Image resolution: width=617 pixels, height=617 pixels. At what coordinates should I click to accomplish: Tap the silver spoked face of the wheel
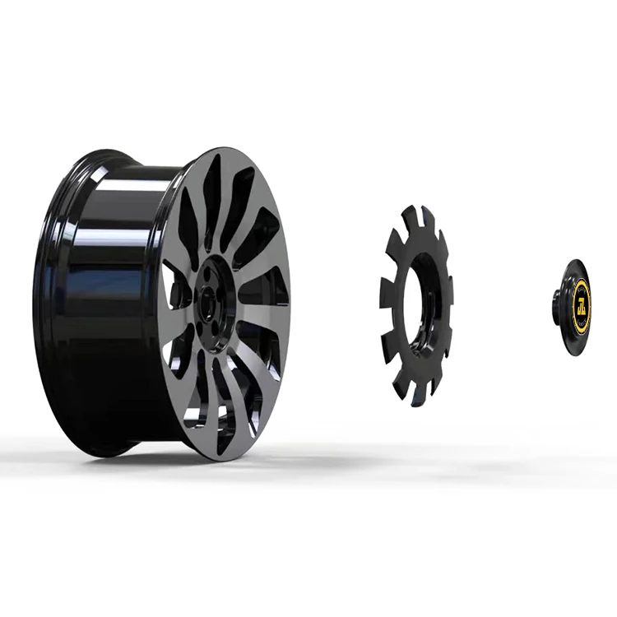coord(247,247)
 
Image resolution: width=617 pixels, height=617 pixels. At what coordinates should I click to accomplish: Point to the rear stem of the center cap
coord(557,306)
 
